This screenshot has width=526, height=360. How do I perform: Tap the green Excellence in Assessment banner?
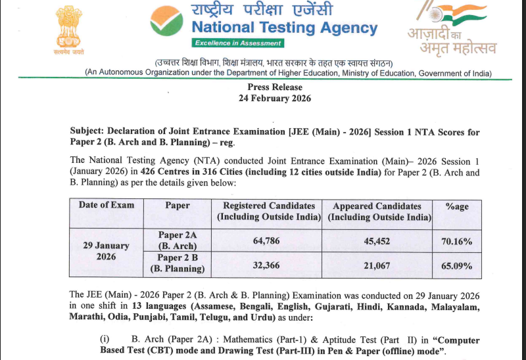click(x=237, y=43)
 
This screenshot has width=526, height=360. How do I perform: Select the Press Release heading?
click(x=275, y=87)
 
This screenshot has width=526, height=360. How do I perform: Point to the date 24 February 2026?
click(x=275, y=99)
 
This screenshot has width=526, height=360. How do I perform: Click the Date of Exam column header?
click(x=107, y=205)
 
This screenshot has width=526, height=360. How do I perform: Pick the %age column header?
click(x=457, y=206)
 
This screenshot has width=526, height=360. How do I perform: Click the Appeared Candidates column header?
click(x=377, y=211)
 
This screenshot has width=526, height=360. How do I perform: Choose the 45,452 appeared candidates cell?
click(x=377, y=241)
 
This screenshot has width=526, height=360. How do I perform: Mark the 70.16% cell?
click(x=457, y=241)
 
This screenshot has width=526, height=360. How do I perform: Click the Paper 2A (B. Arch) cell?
click(x=178, y=240)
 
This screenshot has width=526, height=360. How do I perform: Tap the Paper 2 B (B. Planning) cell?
click(x=178, y=263)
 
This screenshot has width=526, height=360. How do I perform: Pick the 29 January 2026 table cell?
click(x=106, y=251)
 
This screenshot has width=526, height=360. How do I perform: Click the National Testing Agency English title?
click(x=284, y=28)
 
